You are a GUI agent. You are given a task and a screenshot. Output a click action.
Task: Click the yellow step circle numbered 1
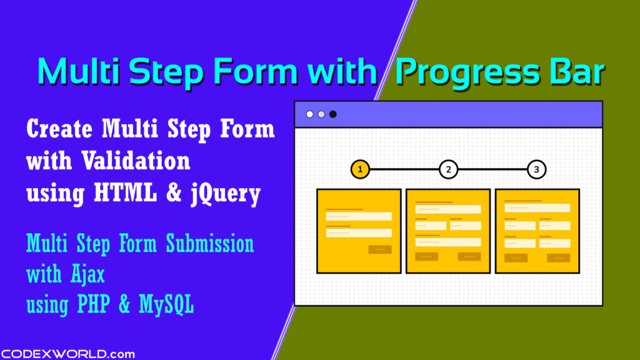(360, 169)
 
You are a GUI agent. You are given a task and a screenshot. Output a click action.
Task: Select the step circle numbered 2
(448, 169)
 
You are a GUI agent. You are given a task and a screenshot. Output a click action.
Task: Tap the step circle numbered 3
(536, 169)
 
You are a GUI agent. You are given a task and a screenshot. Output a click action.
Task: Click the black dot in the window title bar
(333, 114)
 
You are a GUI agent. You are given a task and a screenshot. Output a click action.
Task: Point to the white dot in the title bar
(310, 114)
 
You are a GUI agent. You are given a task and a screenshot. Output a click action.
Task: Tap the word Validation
(136, 161)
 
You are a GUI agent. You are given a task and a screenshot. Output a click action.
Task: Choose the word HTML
(125, 192)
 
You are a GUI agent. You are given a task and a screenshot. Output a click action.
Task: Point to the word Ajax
(88, 274)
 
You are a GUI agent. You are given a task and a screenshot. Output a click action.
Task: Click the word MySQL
(166, 304)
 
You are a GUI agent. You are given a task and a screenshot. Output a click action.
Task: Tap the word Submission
(210, 243)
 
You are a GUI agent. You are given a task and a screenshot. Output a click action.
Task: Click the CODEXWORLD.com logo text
(67, 354)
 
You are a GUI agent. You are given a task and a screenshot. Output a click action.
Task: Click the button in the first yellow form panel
(380, 249)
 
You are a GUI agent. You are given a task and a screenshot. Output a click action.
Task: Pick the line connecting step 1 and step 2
(404, 169)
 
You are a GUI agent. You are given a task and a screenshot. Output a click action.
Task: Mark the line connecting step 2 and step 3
(492, 169)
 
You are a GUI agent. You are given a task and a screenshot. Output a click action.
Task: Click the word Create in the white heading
(59, 129)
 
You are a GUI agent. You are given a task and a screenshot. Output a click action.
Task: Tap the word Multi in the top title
(78, 71)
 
